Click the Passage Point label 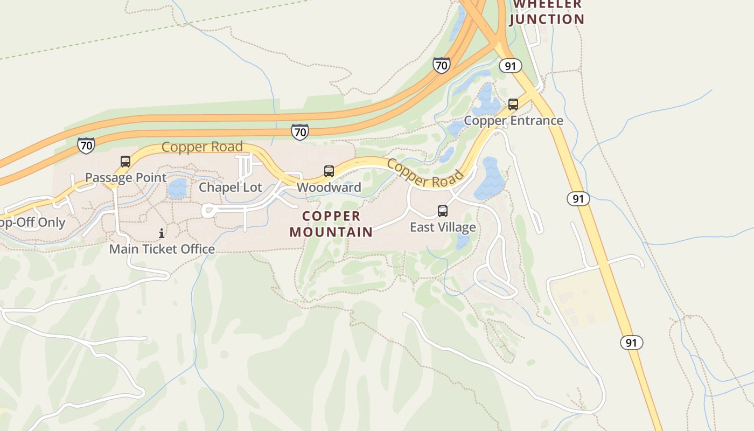[125, 177]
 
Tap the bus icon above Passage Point [125, 161]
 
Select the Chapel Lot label [231, 187]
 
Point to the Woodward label [329, 187]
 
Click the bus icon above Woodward [329, 171]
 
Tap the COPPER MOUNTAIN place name [331, 224]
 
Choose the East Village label [443, 227]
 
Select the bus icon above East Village [443, 211]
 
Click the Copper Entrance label [513, 120]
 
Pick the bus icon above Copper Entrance [513, 104]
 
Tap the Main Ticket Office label [162, 249]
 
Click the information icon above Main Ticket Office [162, 233]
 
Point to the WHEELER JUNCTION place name [547, 12]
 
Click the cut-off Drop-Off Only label [32, 223]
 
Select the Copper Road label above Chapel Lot [202, 147]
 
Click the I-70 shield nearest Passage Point [86, 145]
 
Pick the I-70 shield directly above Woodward [300, 131]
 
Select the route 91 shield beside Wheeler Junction [510, 66]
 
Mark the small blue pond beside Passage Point [177, 189]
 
